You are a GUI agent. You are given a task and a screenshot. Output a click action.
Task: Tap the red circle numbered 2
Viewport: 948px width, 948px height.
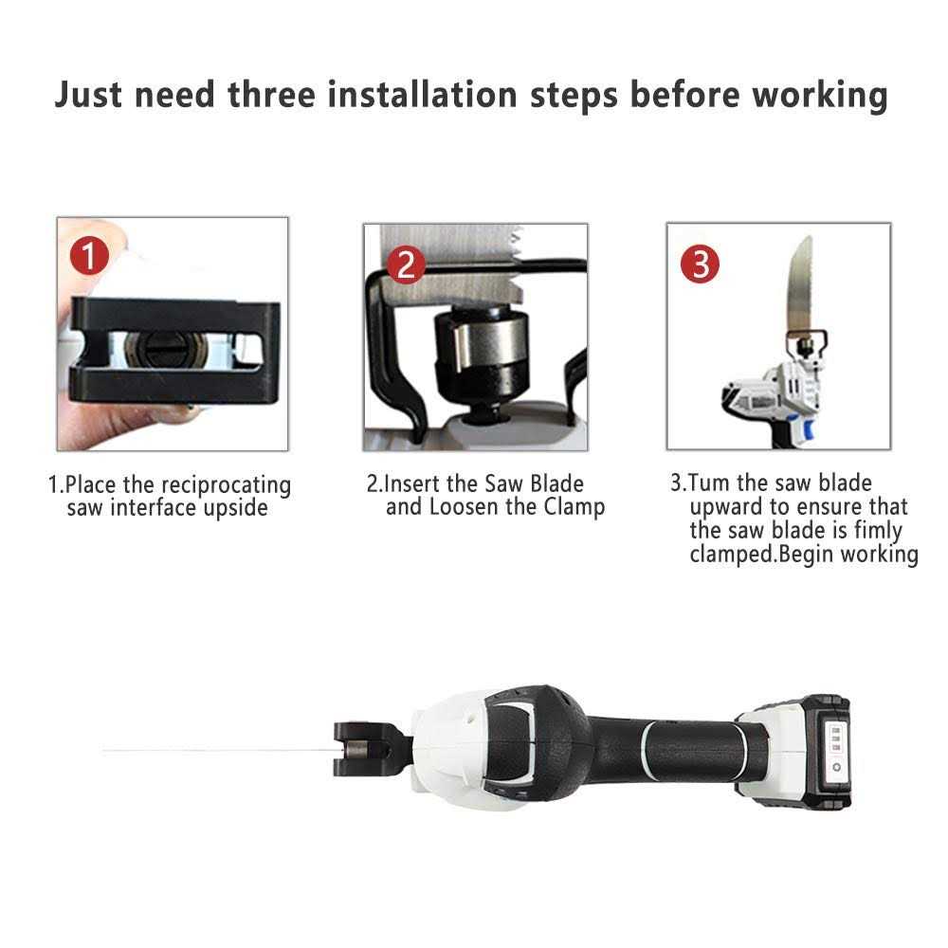(406, 264)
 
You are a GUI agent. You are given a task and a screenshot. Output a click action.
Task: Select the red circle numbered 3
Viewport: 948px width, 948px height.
(701, 264)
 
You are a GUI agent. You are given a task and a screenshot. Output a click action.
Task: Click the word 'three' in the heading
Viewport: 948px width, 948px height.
(271, 95)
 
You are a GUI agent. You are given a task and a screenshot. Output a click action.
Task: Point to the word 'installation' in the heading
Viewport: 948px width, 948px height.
(422, 95)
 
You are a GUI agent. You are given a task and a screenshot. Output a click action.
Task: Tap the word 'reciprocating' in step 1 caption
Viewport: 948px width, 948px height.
(227, 486)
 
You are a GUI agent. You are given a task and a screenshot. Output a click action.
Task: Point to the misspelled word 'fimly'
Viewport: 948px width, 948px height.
(878, 530)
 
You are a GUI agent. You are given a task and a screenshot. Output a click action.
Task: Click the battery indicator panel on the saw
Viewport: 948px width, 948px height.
(835, 749)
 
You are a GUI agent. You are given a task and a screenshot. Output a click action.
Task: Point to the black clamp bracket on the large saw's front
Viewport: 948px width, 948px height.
(365, 749)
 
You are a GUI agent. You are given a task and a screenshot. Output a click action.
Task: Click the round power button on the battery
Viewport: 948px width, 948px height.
(836, 767)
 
